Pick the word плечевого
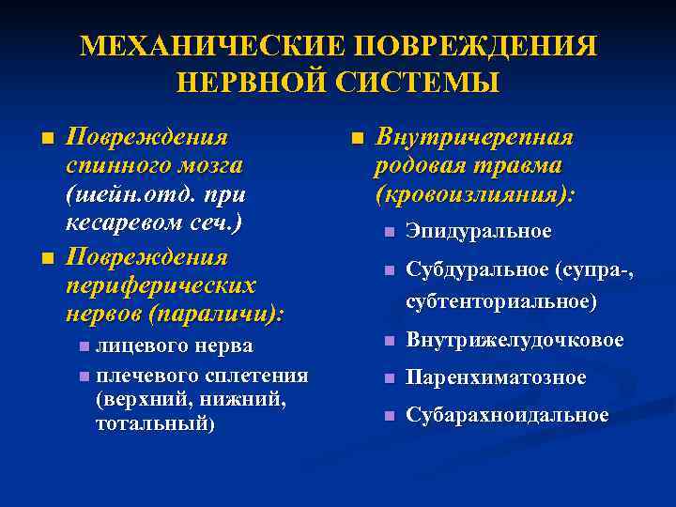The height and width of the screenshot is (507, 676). (x=146, y=376)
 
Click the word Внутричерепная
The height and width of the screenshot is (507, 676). (x=474, y=137)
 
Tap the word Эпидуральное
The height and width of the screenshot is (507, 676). (x=479, y=231)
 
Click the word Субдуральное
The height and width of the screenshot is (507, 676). (x=477, y=270)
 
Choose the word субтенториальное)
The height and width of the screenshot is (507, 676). (x=501, y=301)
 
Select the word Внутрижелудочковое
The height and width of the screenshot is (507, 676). (x=515, y=340)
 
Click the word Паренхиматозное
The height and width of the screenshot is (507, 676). (x=496, y=377)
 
